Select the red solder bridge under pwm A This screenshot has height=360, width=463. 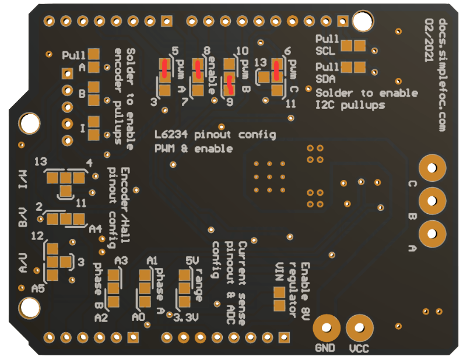164,69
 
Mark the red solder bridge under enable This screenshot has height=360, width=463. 198,69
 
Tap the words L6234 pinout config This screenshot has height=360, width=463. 215,135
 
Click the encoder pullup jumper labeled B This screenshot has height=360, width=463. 94,93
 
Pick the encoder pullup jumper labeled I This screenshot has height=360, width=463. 94,128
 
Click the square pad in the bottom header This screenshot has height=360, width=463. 284,337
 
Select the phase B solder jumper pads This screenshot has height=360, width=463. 113,288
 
